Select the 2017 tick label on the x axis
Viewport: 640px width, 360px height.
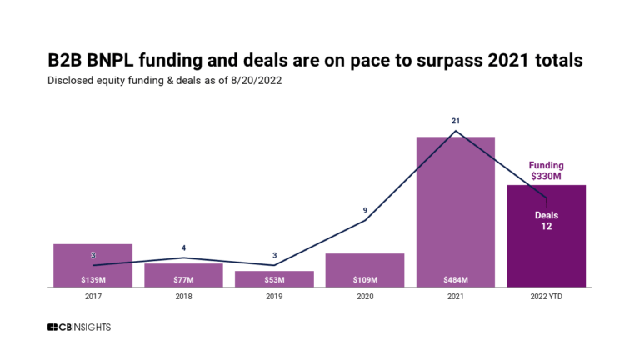pyautogui.click(x=92, y=296)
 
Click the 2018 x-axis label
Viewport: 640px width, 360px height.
pyautogui.click(x=183, y=296)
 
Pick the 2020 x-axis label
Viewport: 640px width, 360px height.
pyautogui.click(x=365, y=296)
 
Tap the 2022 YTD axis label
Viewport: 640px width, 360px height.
pyautogui.click(x=547, y=296)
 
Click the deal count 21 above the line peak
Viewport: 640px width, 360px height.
pyautogui.click(x=456, y=121)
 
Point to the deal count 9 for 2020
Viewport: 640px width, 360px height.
pyautogui.click(x=365, y=211)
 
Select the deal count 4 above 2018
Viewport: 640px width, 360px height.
pyautogui.click(x=183, y=248)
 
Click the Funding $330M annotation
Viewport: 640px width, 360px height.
pyautogui.click(x=547, y=171)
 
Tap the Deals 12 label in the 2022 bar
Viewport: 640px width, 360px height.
pyautogui.click(x=547, y=221)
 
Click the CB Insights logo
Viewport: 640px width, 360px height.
pyautogui.click(x=79, y=327)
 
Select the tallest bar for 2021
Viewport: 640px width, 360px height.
pyautogui.click(x=456, y=208)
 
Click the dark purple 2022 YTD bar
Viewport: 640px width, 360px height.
pyautogui.click(x=547, y=250)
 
